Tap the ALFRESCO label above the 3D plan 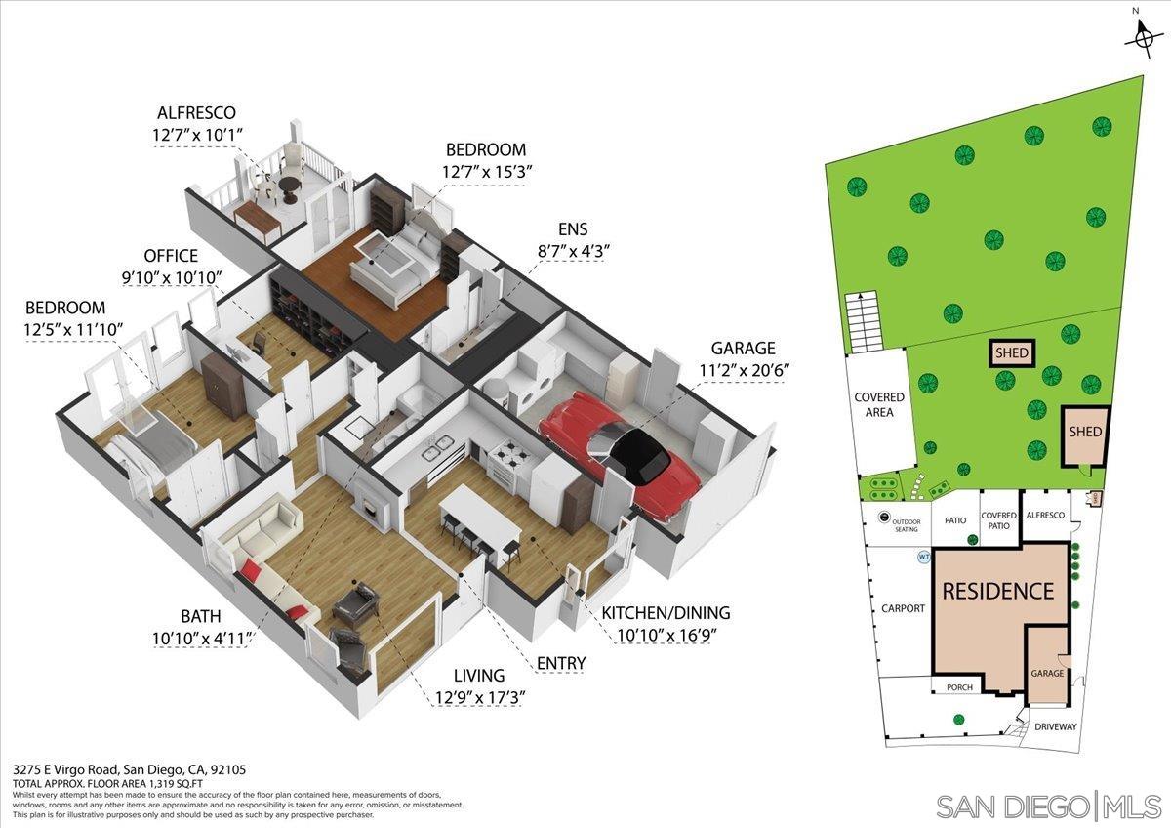[200, 113]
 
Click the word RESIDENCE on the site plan [997, 591]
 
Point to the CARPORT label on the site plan [903, 608]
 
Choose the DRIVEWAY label [1056, 726]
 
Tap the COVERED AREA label [879, 404]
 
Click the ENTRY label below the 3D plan [561, 664]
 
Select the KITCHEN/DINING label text [665, 613]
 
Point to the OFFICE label [171, 256]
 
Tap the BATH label [201, 616]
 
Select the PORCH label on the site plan [960, 687]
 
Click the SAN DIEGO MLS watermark [1048, 807]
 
